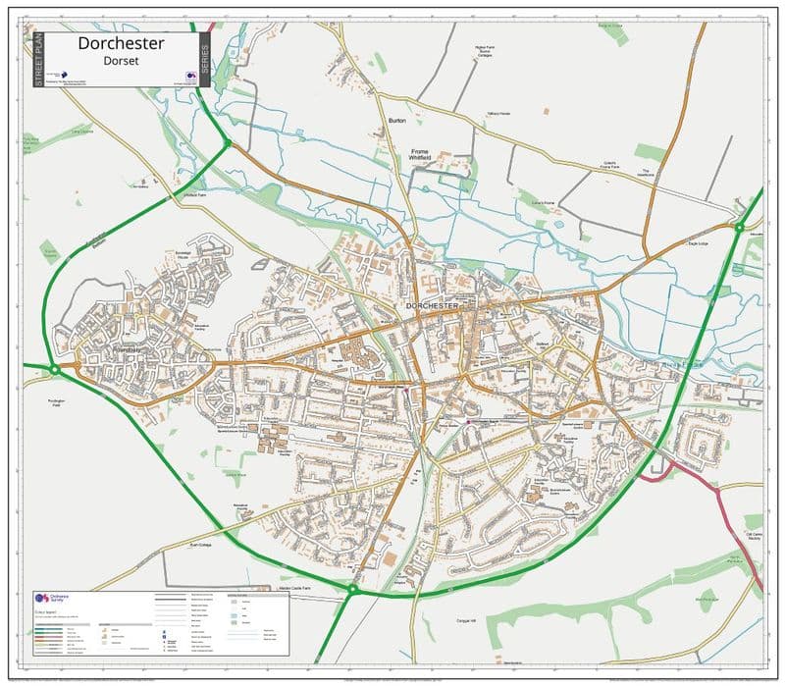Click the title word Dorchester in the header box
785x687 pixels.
(122, 43)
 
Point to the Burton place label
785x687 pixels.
(397, 121)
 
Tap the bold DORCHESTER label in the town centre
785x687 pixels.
(432, 306)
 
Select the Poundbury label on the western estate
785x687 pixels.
(129, 348)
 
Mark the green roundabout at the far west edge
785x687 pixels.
(54, 369)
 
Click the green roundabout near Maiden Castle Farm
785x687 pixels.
(351, 589)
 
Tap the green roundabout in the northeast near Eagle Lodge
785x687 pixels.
(739, 228)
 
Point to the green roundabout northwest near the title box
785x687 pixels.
(227, 143)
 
